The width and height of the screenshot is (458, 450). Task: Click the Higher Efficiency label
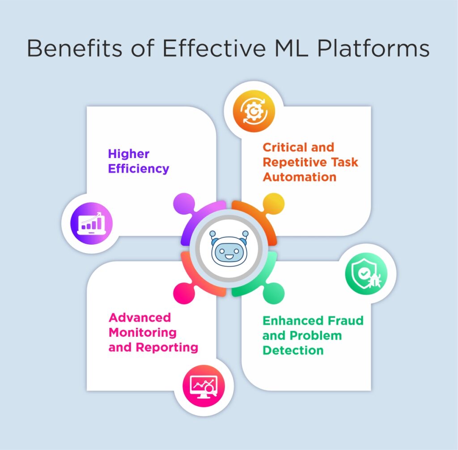click(138, 161)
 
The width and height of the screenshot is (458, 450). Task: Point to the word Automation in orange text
click(299, 177)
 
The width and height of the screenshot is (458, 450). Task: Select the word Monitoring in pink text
click(142, 332)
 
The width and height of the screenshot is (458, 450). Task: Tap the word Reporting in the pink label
click(166, 347)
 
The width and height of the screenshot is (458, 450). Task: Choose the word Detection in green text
click(293, 350)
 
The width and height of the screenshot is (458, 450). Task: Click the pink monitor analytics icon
click(204, 386)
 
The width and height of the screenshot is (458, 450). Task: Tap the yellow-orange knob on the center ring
click(274, 204)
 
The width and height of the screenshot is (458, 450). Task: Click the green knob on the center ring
click(274, 293)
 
